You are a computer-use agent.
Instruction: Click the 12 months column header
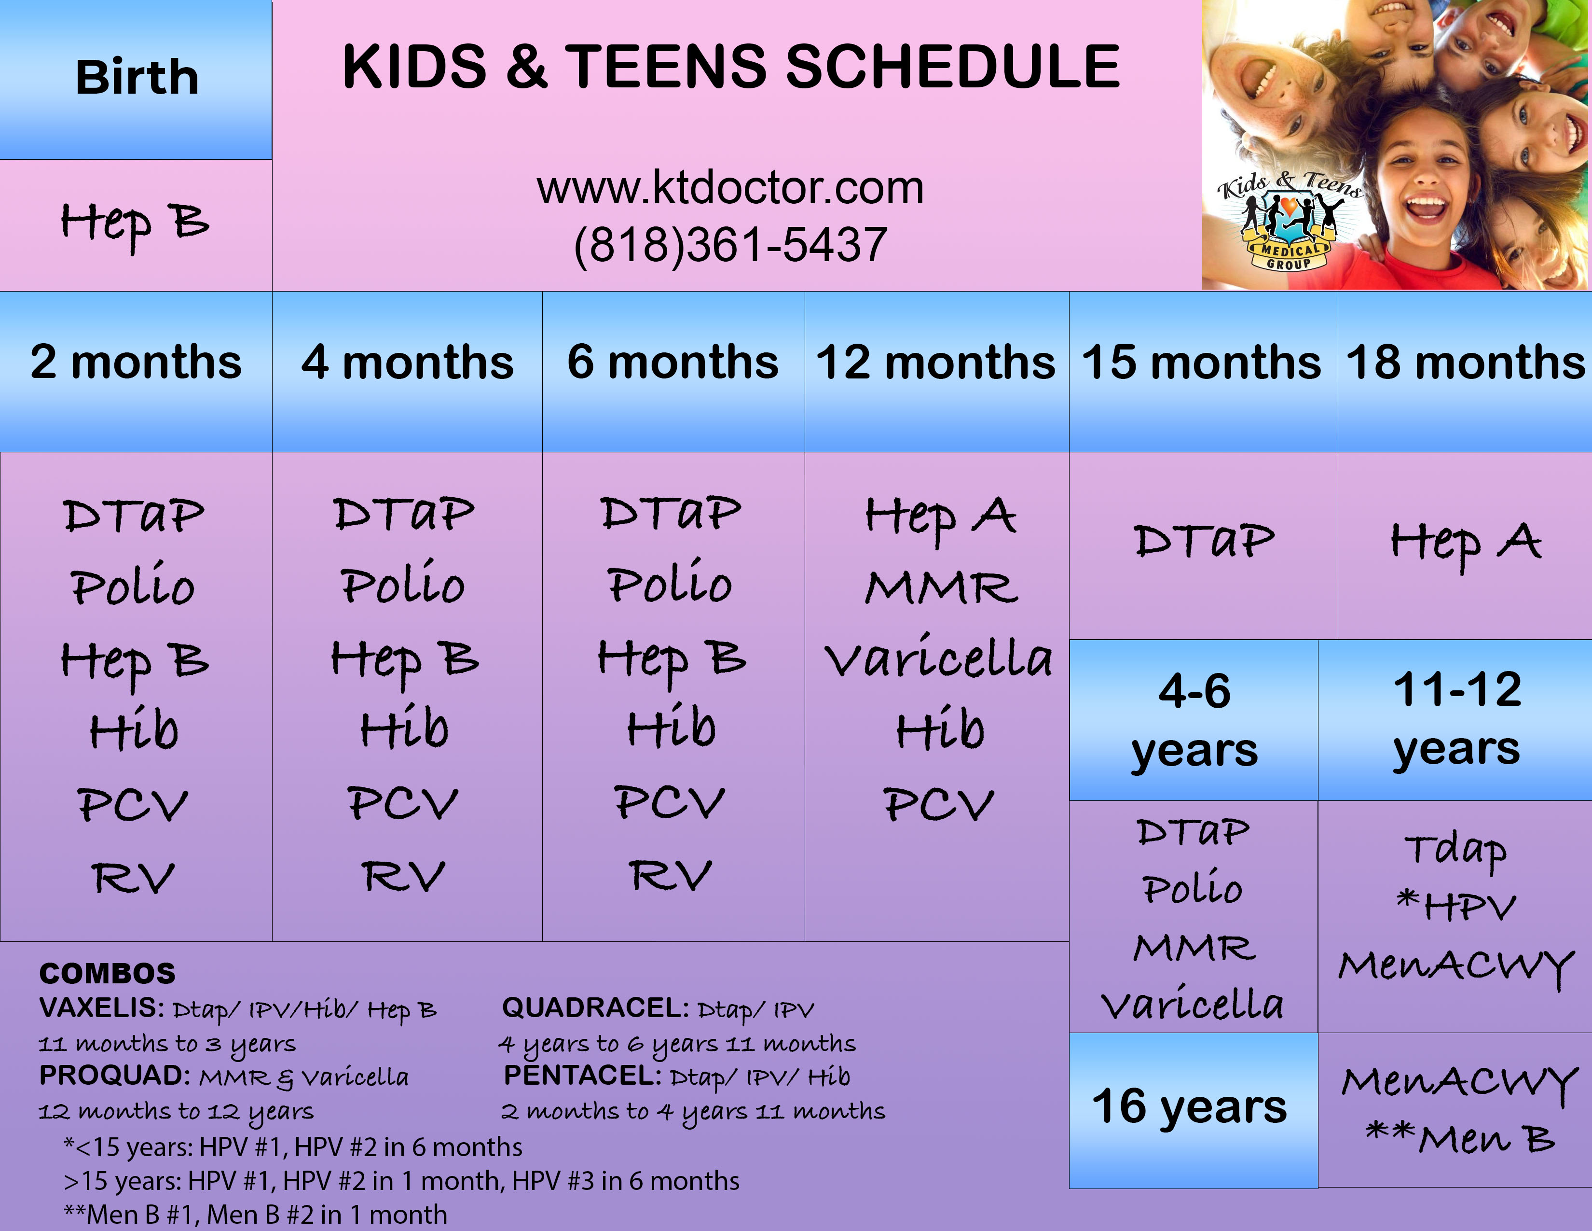[x=937, y=371]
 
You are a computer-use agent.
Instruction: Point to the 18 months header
[x=1465, y=371]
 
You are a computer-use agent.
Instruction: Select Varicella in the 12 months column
[x=939, y=657]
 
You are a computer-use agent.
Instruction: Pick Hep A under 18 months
[x=1466, y=544]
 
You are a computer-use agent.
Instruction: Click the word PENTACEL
[x=582, y=1076]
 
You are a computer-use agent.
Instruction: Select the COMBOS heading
[x=107, y=973]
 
